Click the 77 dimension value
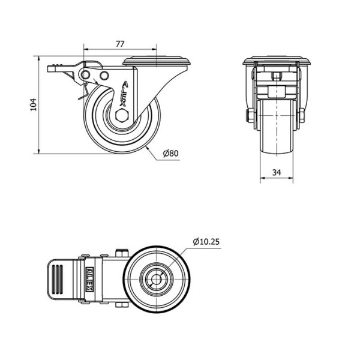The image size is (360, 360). pos(120,44)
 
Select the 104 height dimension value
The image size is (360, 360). pos(34,104)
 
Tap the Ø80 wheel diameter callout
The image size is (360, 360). pos(170,153)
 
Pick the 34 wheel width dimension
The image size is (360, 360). pos(277,172)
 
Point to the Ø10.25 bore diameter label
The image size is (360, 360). pos(206,242)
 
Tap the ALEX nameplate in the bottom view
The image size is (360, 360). pos(89,279)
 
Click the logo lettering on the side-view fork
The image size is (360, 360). pos(125,94)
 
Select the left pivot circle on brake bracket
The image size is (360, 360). pos(85,74)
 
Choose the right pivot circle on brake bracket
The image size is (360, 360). pos(104,76)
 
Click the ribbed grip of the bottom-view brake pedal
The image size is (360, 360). pos(58,280)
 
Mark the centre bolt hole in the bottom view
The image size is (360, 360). pos(157,280)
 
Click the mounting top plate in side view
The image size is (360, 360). pos(157,61)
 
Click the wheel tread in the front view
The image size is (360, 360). pos(277,126)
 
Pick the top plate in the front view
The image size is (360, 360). pos(277,61)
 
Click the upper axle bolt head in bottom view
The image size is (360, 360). pos(122,253)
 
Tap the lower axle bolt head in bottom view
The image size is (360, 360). pos(122,305)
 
